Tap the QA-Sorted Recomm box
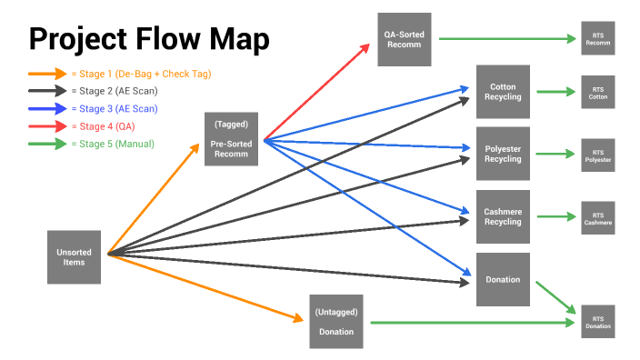coord(405,38)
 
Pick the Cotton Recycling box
coord(503,92)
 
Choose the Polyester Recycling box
coord(503,153)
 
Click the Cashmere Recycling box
coord(503,216)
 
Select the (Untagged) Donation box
coord(336,321)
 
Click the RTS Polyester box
coord(597,155)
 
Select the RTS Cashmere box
coord(597,217)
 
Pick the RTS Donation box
coord(597,322)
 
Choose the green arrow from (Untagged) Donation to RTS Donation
coord(468,322)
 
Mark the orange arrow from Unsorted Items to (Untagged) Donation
coord(205,286)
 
